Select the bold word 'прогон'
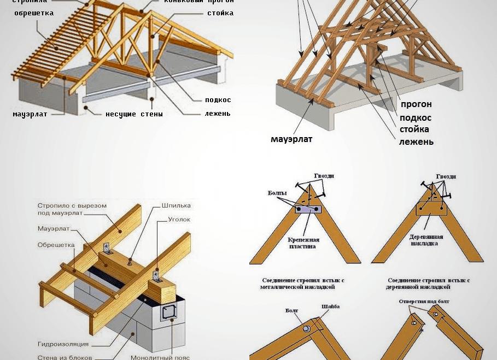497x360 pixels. (x=416, y=104)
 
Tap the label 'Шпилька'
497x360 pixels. (x=176, y=206)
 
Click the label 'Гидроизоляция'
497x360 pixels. (x=63, y=345)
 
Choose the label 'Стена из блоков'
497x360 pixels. (x=62, y=357)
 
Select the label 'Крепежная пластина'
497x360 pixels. (x=303, y=243)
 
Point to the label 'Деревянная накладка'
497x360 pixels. (x=426, y=240)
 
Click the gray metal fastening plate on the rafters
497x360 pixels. (x=309, y=209)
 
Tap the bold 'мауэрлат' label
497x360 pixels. (x=291, y=139)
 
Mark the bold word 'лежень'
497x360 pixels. (x=416, y=141)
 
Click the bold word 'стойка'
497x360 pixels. (x=414, y=129)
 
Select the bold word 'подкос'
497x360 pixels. (x=415, y=117)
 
